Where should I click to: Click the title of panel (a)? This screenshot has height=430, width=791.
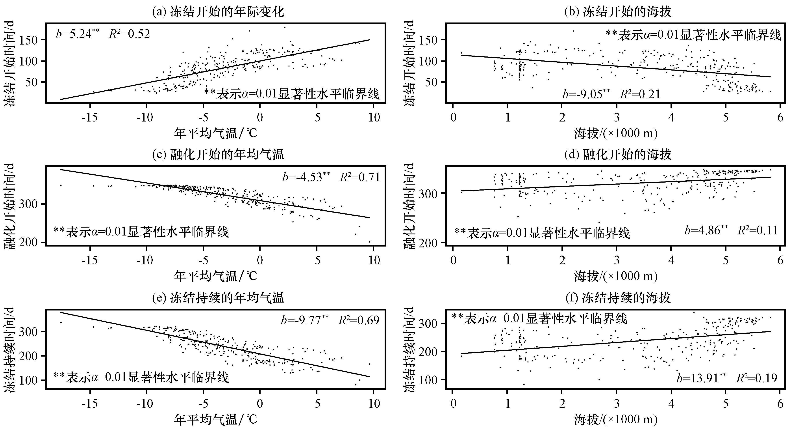tap(218, 12)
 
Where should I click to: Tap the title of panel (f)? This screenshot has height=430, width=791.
tap(618, 297)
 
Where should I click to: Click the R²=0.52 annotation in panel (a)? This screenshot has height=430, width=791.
tap(130, 34)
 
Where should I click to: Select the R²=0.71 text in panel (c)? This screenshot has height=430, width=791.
tap(360, 177)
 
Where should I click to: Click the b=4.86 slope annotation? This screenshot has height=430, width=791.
tap(706, 230)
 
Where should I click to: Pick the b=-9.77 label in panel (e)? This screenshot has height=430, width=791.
tap(305, 320)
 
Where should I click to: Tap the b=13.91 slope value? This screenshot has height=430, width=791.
tap(701, 378)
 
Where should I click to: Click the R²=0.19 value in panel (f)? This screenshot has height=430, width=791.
tap(757, 378)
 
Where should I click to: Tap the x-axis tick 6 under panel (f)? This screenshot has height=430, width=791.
tap(780, 404)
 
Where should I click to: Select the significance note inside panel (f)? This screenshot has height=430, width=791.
tap(539, 319)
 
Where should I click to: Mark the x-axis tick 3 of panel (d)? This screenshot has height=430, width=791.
tap(617, 260)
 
